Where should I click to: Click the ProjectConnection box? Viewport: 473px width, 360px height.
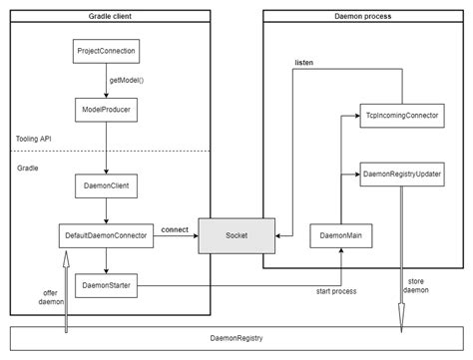(x=105, y=50)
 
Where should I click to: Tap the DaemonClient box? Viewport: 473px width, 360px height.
(x=105, y=185)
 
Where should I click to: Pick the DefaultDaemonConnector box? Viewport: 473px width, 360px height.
(x=105, y=236)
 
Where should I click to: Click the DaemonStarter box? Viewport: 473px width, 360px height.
(x=105, y=286)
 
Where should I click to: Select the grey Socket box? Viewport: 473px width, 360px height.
(x=236, y=236)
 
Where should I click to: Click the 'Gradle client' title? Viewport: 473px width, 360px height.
(x=112, y=17)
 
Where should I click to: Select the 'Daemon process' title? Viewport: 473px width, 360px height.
(x=362, y=17)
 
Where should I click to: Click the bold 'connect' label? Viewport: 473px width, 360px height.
(x=176, y=228)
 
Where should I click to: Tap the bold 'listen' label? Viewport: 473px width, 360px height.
(x=304, y=63)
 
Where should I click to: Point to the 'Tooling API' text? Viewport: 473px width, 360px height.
(x=37, y=139)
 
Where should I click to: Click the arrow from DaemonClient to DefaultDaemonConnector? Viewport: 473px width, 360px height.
(x=105, y=210)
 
